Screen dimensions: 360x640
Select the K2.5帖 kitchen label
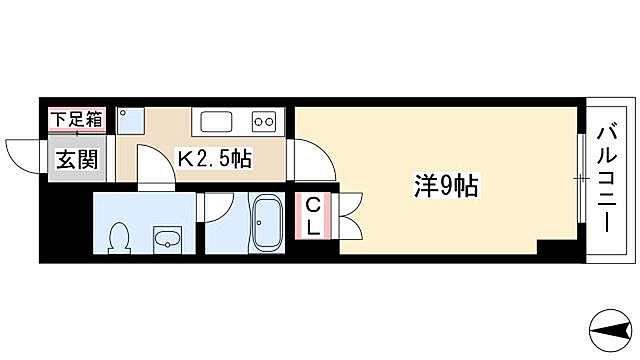[214, 158]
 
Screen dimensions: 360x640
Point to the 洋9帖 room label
[446, 184]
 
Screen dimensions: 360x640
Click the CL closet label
[313, 216]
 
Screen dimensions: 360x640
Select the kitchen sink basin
[218, 121]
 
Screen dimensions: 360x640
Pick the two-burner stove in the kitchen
[265, 121]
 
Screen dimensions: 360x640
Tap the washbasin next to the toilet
[166, 239]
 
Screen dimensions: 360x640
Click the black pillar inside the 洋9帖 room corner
[552, 247]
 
